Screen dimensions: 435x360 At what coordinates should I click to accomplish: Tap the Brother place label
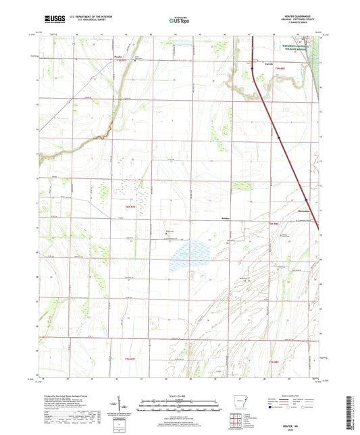click(x=226, y=219)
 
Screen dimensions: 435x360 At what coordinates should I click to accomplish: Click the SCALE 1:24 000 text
click(x=180, y=395)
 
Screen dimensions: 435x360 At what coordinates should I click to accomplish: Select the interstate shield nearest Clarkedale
click(x=306, y=200)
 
